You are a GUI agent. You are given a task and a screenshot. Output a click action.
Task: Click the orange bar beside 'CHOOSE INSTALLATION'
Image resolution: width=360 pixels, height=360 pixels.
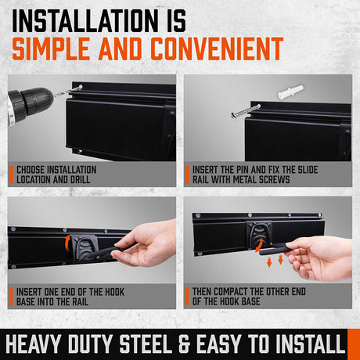click(x=10, y=175)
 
